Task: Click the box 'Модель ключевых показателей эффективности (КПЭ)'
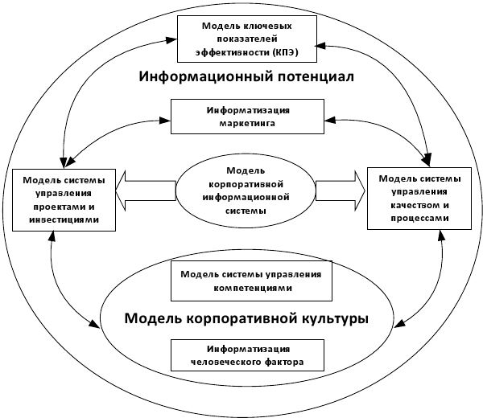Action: [x=246, y=39]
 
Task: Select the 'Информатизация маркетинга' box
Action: [x=247, y=117]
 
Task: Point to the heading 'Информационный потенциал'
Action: [x=247, y=79]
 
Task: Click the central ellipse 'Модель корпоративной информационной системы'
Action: [x=246, y=191]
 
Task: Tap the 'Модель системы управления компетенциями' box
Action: [x=246, y=281]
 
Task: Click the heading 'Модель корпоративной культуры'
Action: [x=246, y=318]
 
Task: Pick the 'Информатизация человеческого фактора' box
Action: [x=246, y=355]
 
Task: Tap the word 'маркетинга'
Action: [x=247, y=125]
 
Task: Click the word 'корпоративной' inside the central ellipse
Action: [x=246, y=184]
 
